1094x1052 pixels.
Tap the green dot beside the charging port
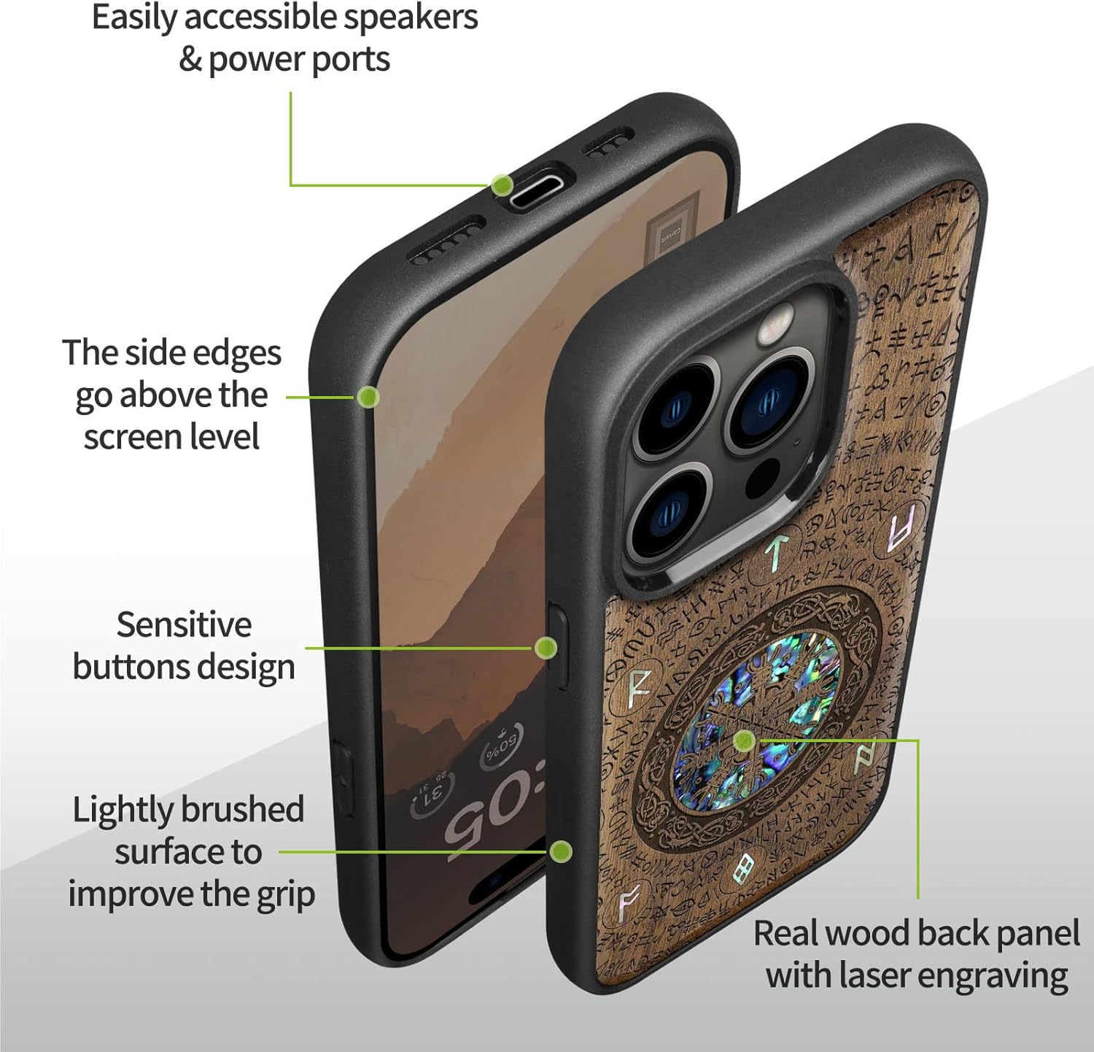click(501, 185)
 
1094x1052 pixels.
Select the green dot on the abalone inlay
click(743, 741)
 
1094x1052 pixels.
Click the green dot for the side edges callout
click(368, 397)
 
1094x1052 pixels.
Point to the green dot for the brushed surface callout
click(560, 851)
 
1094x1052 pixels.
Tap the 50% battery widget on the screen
click(501, 746)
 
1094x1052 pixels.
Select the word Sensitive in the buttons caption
click(184, 624)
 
